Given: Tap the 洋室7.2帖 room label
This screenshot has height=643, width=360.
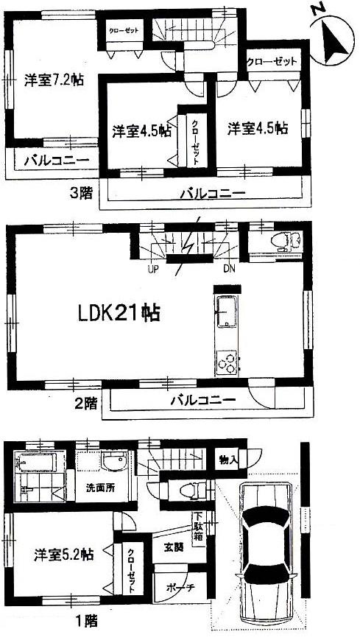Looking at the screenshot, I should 52,80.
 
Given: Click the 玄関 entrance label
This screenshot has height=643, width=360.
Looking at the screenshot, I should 173,545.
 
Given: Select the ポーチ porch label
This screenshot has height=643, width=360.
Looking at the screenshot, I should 172,588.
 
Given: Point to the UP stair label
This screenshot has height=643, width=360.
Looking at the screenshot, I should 153,268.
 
